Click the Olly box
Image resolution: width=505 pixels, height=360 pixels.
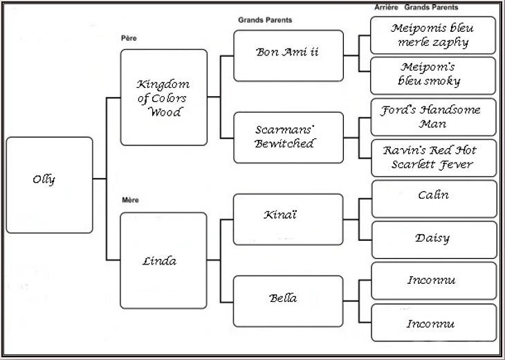click(x=49, y=184)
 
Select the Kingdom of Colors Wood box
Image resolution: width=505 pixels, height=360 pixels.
click(x=163, y=97)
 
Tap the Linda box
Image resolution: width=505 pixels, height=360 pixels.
click(x=163, y=260)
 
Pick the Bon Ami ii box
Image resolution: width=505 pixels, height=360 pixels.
click(x=288, y=55)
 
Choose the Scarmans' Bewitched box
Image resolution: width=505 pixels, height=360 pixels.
click(x=288, y=137)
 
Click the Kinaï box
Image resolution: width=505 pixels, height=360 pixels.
click(x=288, y=219)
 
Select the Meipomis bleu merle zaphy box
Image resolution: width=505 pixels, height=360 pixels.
click(x=433, y=35)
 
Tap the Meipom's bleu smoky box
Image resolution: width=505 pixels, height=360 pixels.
click(x=433, y=75)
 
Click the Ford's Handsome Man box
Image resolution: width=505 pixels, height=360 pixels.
click(x=433, y=117)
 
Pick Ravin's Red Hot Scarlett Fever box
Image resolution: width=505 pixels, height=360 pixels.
click(x=433, y=157)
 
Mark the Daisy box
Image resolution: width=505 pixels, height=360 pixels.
click(x=433, y=240)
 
